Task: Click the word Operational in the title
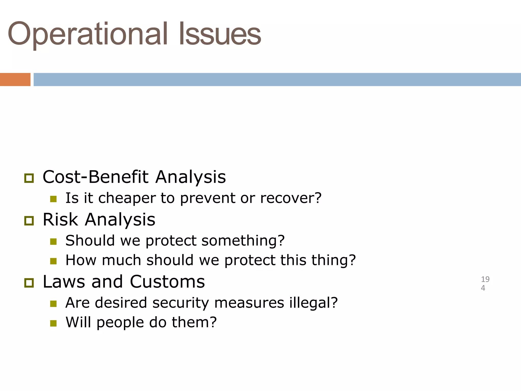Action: [x=88, y=34]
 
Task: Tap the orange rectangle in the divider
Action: [x=15, y=79]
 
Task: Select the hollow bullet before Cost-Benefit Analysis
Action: [x=29, y=178]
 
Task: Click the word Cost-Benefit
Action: [x=95, y=177]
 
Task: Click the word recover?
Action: [x=291, y=198]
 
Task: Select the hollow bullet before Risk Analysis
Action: [x=29, y=221]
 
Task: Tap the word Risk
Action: [x=60, y=219]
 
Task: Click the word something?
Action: [x=243, y=241]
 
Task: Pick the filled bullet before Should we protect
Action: [x=53, y=241]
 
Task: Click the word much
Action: [x=121, y=260]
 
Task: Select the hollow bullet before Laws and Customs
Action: [x=29, y=283]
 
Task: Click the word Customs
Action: [x=167, y=282]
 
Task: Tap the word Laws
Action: [x=64, y=282]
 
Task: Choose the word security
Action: [x=181, y=303]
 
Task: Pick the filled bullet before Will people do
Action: [x=53, y=323]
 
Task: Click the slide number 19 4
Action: [x=485, y=284]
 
